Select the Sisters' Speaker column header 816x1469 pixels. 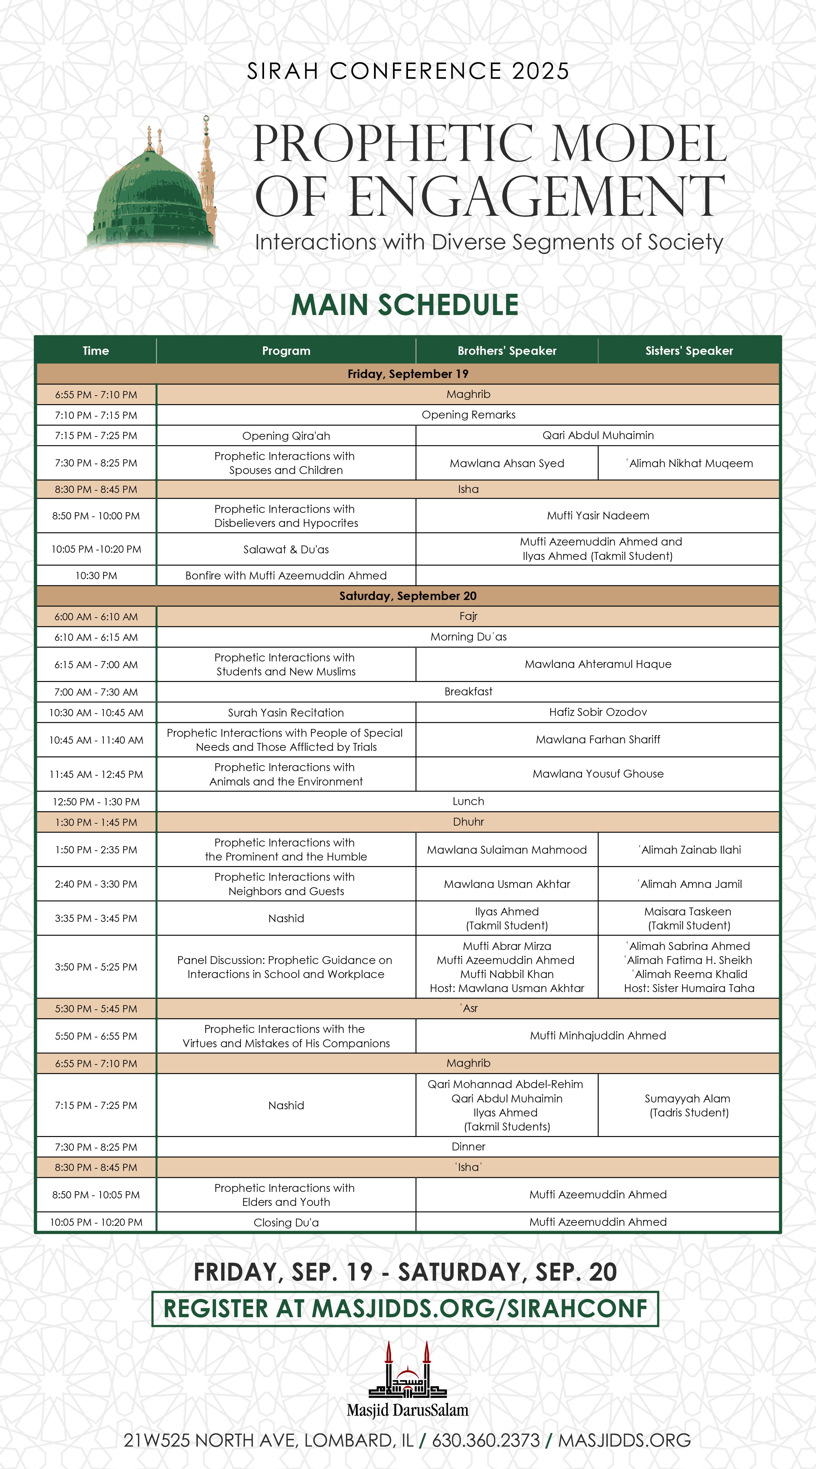coord(689,351)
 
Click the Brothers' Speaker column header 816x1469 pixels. coord(507,351)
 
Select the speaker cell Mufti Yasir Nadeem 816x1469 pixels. coord(598,515)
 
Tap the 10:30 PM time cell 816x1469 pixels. coord(96,576)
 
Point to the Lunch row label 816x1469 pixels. coord(468,801)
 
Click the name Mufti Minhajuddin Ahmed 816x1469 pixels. coord(598,1035)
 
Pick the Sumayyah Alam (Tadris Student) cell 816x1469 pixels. coord(689,1105)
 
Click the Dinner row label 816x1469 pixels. coord(468,1146)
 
